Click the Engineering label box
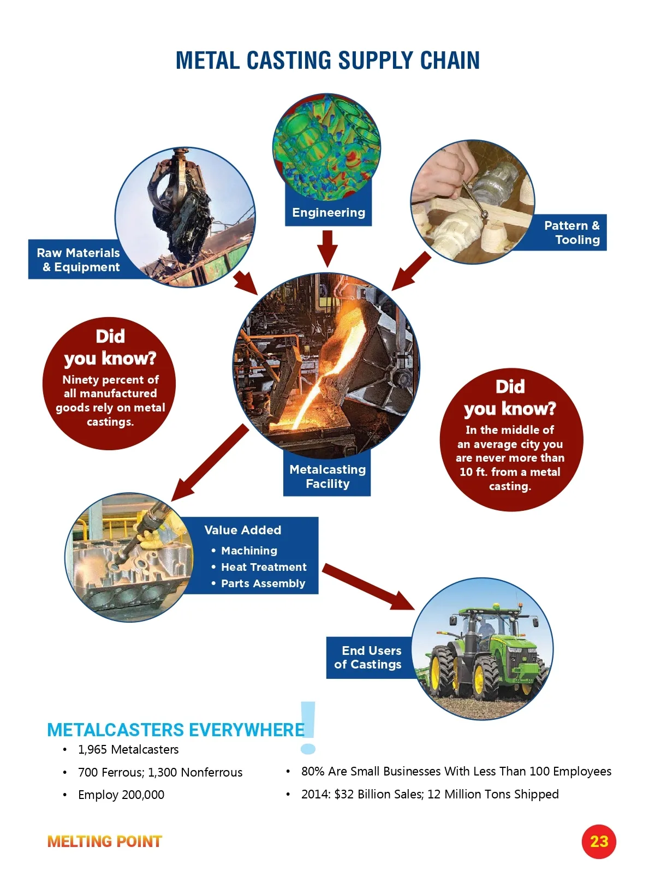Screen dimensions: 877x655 pos(328,213)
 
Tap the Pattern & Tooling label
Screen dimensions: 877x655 pos(571,232)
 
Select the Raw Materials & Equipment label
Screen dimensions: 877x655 pos(78,260)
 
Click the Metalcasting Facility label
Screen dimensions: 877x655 pos(327,476)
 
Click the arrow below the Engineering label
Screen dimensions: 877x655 pos(327,248)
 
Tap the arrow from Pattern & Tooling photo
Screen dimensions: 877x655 pos(410,271)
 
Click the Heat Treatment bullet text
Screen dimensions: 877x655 pos(264,567)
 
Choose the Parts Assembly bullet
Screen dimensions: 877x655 pos(263,583)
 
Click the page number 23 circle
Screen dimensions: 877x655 pos(599,841)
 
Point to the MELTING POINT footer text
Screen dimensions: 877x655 pos(105,841)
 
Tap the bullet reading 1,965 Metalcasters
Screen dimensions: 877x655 pos(128,749)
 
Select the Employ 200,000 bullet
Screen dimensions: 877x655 pos(121,795)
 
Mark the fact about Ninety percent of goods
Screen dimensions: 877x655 pos(110,401)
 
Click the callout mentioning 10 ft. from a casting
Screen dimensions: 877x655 pos(510,457)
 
